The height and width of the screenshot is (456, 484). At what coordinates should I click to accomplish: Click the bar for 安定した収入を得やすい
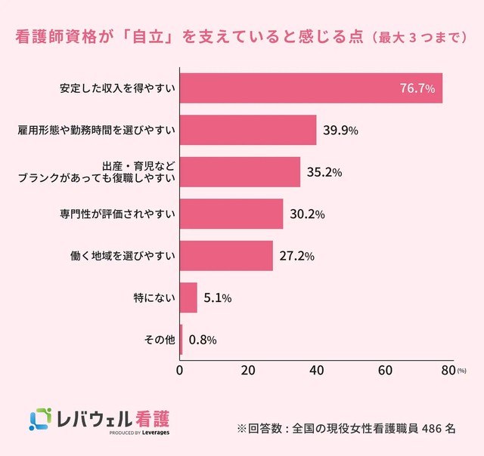[x=310, y=88]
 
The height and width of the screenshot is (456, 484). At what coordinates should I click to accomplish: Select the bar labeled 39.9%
[x=248, y=130]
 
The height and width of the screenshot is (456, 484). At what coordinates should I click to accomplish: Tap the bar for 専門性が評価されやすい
[x=231, y=214]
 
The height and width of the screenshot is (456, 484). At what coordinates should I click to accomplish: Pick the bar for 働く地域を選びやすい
[x=226, y=256]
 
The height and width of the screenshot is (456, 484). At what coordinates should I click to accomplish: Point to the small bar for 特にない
[x=188, y=297]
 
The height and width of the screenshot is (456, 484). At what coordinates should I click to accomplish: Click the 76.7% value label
[x=417, y=89]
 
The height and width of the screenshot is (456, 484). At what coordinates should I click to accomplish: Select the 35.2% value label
[x=324, y=172]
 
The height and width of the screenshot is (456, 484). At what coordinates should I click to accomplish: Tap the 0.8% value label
[x=202, y=340]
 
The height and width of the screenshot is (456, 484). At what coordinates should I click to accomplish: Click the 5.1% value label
[x=218, y=298]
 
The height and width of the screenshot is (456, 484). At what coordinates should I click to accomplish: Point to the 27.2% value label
[x=297, y=256]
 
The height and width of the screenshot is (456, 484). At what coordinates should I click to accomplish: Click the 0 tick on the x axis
[x=179, y=371]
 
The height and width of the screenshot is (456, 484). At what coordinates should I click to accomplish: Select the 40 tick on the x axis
[x=316, y=371]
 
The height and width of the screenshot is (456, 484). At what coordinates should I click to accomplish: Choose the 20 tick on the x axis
[x=247, y=371]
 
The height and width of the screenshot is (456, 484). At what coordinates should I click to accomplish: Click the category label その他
[x=159, y=340]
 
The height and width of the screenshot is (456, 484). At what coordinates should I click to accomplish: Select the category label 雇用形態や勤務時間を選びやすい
[x=98, y=130]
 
